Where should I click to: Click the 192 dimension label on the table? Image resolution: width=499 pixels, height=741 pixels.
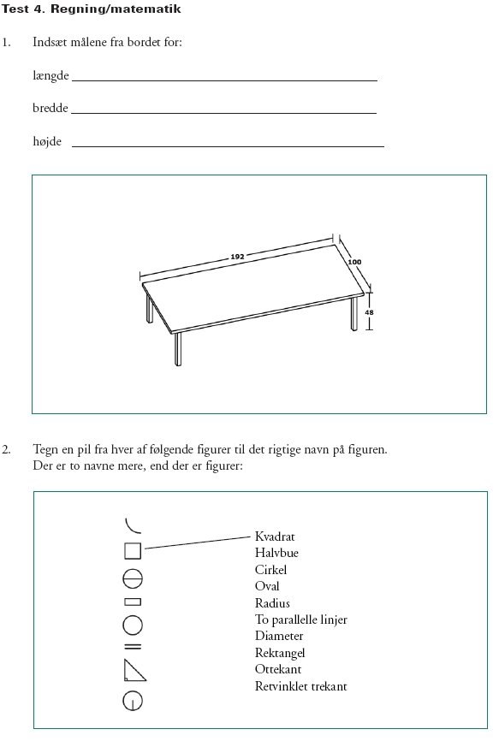(237, 257)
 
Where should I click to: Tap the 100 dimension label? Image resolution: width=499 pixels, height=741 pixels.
(354, 262)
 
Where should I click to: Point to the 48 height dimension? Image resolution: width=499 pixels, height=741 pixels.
(369, 312)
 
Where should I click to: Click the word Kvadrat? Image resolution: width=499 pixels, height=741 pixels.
(275, 536)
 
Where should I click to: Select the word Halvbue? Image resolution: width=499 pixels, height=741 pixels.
(276, 553)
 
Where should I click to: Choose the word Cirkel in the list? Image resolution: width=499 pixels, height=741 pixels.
(270, 570)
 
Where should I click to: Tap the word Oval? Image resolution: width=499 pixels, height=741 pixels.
(267, 586)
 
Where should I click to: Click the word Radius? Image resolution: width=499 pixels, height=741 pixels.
(272, 603)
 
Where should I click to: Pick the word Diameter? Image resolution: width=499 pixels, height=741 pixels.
(279, 636)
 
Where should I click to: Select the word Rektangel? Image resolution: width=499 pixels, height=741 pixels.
(280, 653)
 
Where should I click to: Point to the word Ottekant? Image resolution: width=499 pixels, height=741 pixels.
(278, 669)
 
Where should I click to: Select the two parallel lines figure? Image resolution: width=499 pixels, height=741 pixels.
(133, 645)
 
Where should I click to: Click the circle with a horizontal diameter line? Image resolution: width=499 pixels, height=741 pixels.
(133, 579)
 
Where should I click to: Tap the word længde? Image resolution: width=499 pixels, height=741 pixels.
(50, 75)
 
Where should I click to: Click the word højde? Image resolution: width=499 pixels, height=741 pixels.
(47, 141)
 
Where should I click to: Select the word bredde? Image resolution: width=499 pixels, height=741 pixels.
(50, 108)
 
